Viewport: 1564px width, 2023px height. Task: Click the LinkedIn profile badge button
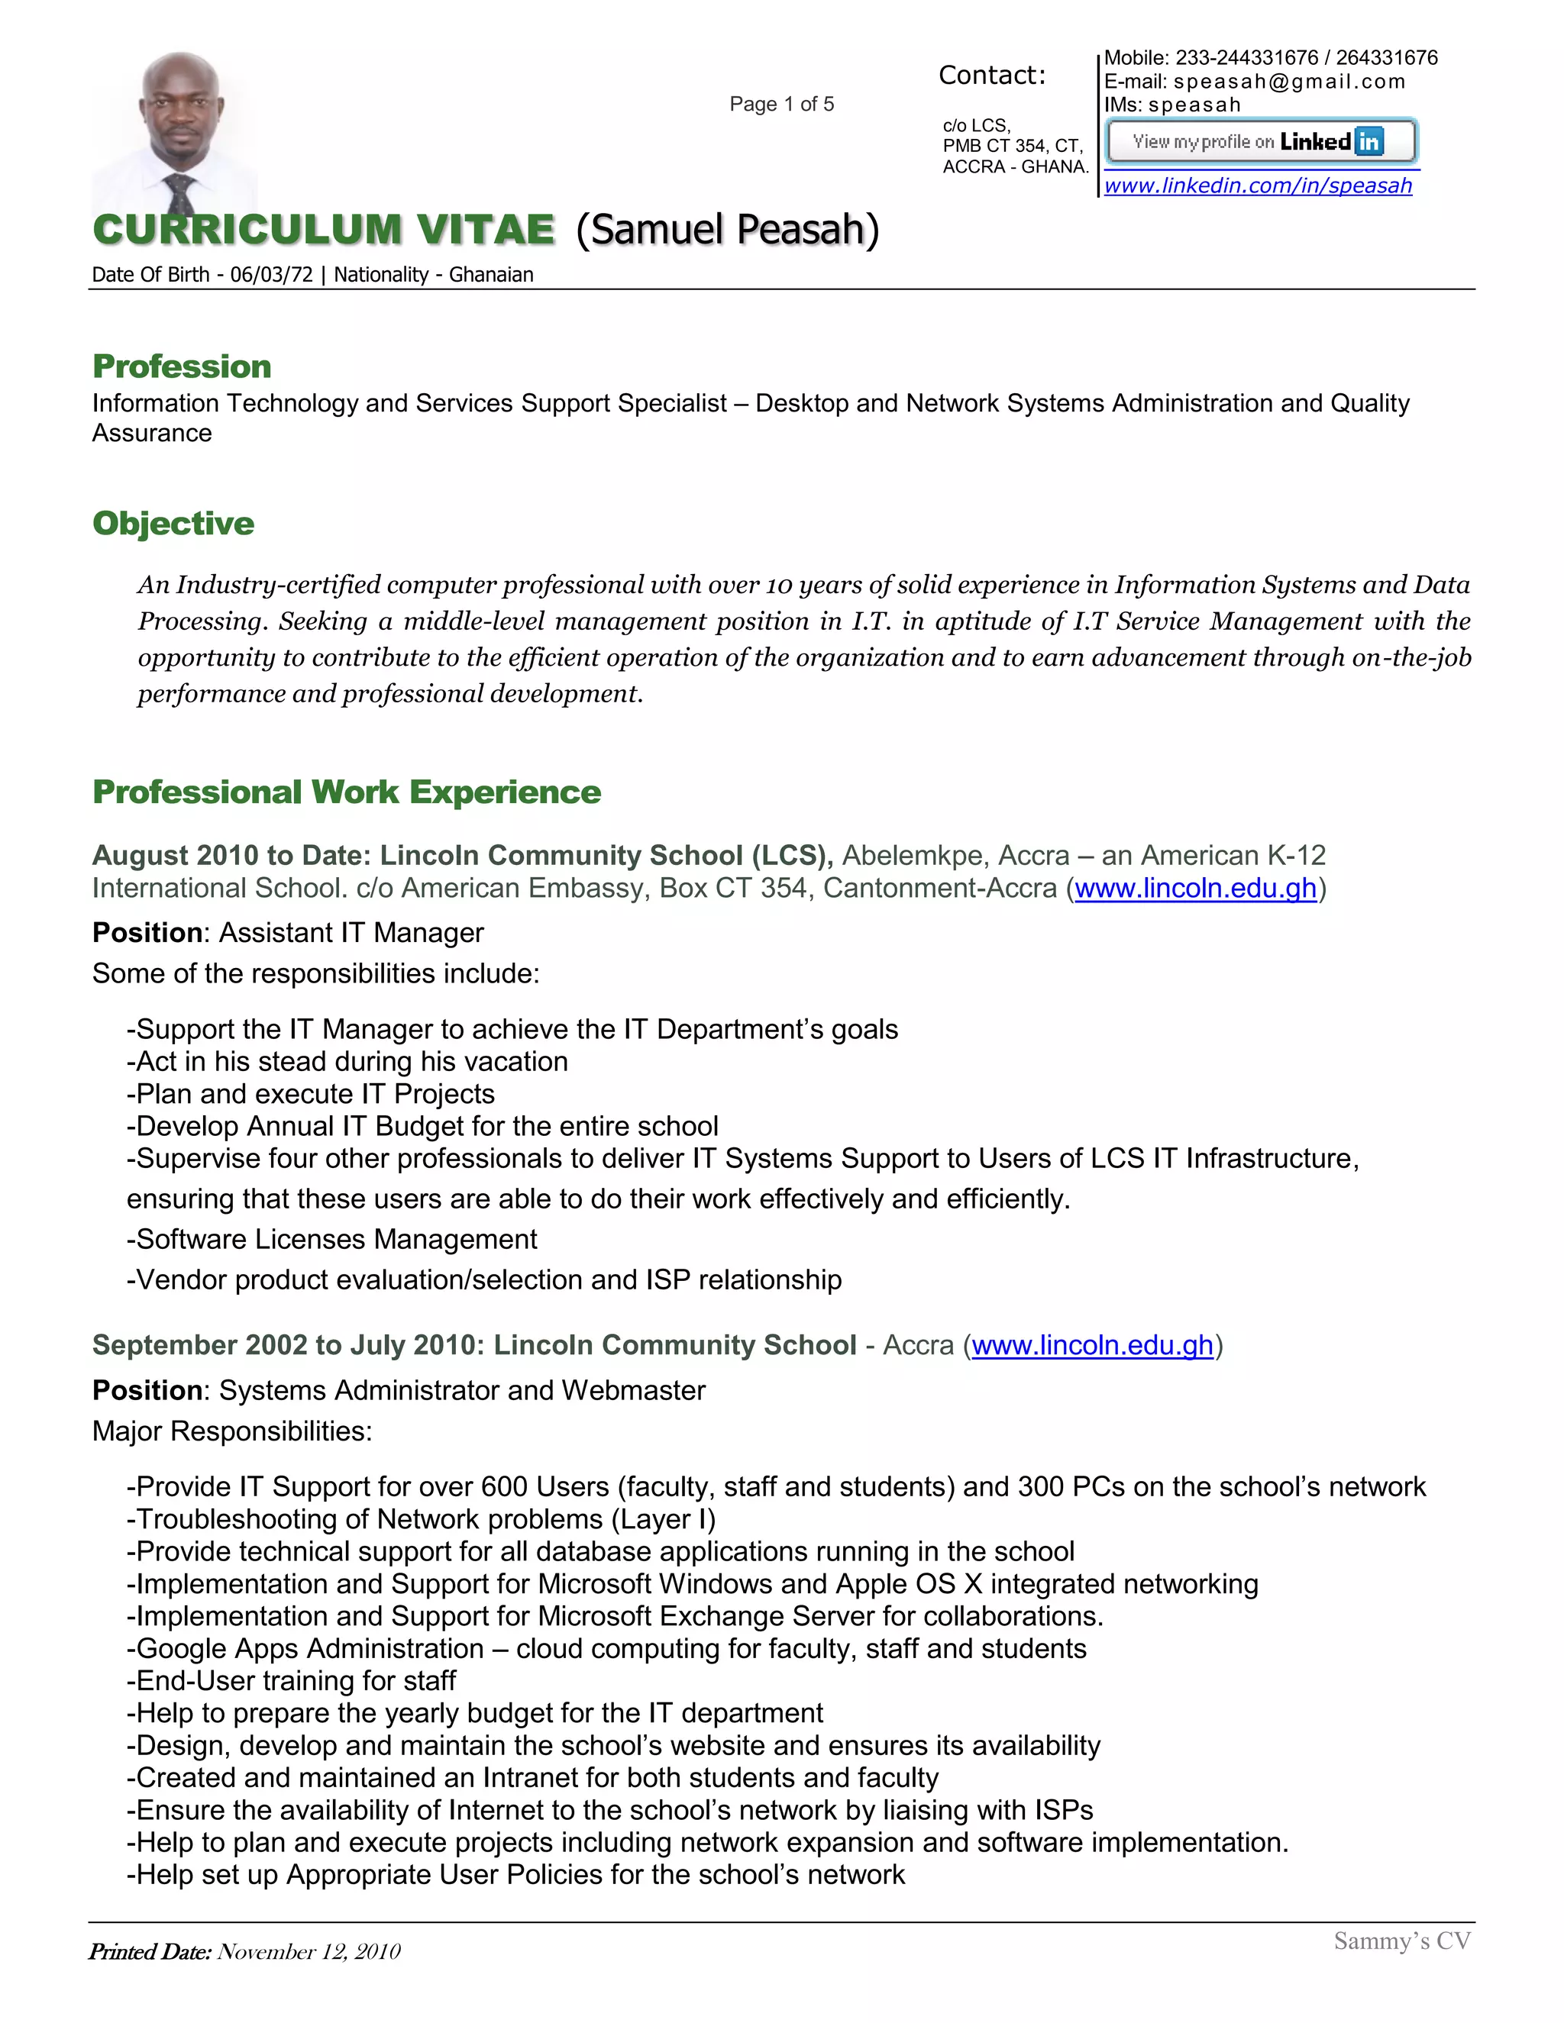point(1260,142)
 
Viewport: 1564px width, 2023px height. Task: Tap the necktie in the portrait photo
point(179,195)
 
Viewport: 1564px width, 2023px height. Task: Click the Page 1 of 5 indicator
point(781,104)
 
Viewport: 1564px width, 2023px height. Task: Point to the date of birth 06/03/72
point(271,275)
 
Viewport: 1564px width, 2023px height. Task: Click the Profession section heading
point(182,366)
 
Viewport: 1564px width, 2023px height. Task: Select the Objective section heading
point(173,524)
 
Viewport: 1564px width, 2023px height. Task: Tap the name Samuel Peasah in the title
point(726,230)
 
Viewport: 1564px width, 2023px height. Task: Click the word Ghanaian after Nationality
point(491,275)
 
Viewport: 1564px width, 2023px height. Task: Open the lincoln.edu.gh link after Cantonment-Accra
point(1195,889)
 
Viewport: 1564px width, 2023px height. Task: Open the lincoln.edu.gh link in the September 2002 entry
point(1092,1345)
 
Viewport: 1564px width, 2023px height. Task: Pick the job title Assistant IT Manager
point(351,933)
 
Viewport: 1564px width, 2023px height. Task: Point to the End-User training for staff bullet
point(292,1680)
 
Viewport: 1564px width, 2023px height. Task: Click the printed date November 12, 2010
point(309,1952)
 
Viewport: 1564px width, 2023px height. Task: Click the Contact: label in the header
point(991,75)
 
